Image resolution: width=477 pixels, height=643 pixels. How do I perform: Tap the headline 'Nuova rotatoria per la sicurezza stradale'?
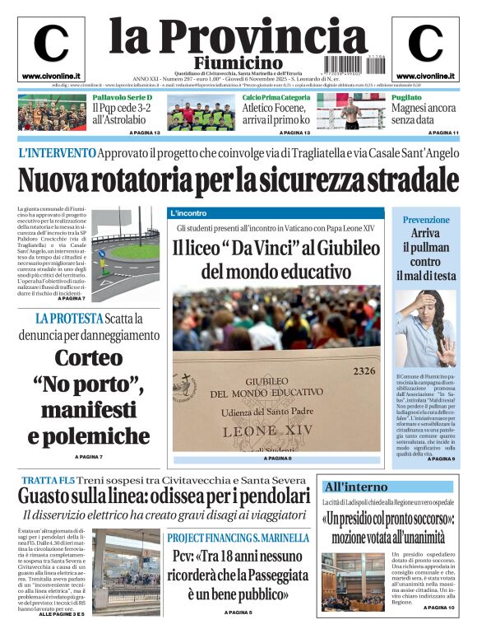(237, 178)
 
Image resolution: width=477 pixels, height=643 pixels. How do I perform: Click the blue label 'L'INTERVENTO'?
(56, 153)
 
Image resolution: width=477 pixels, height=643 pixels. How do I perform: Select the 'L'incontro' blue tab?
(188, 213)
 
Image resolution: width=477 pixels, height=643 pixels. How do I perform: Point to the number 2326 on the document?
(364, 371)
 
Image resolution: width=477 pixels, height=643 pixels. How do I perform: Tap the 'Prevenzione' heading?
(426, 220)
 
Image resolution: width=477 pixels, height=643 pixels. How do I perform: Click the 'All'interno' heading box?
(356, 486)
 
